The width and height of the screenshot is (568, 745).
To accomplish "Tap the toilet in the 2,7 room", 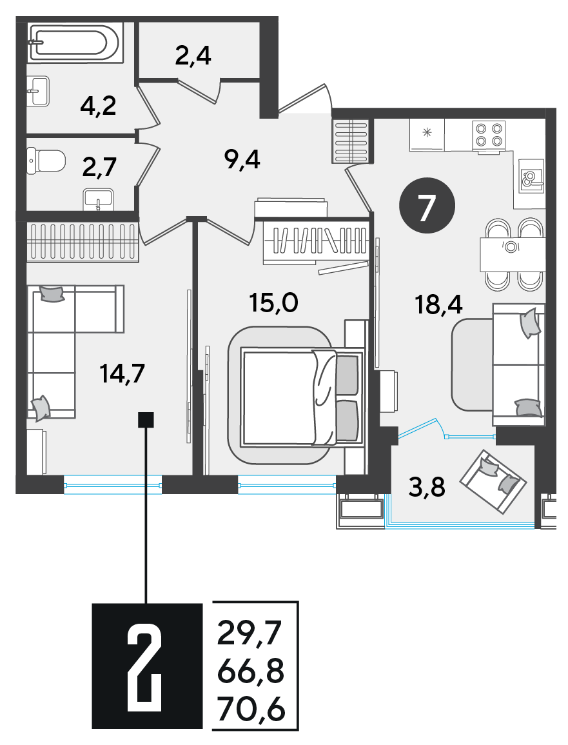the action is point(46,161).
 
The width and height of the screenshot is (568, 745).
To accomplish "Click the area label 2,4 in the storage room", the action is point(193,56).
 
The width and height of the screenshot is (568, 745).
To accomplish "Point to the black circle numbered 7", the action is point(427,205).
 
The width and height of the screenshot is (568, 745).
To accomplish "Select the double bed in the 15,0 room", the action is point(302,397).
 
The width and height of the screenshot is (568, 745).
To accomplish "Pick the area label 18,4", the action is point(438,304).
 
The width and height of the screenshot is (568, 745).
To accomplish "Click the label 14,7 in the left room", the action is point(122,374).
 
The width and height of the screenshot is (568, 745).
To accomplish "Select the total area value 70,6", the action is point(251,710).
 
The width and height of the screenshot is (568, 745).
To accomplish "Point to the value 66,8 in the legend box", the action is point(251,672).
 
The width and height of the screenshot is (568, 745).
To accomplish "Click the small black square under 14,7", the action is point(146,420).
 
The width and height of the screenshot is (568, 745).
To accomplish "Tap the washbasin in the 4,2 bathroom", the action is point(38,91).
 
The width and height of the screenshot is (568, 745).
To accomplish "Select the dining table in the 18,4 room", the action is point(512,254).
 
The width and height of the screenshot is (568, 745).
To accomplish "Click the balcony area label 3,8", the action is point(427,488).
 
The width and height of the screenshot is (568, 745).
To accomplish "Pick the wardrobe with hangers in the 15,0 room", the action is point(316,241).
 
